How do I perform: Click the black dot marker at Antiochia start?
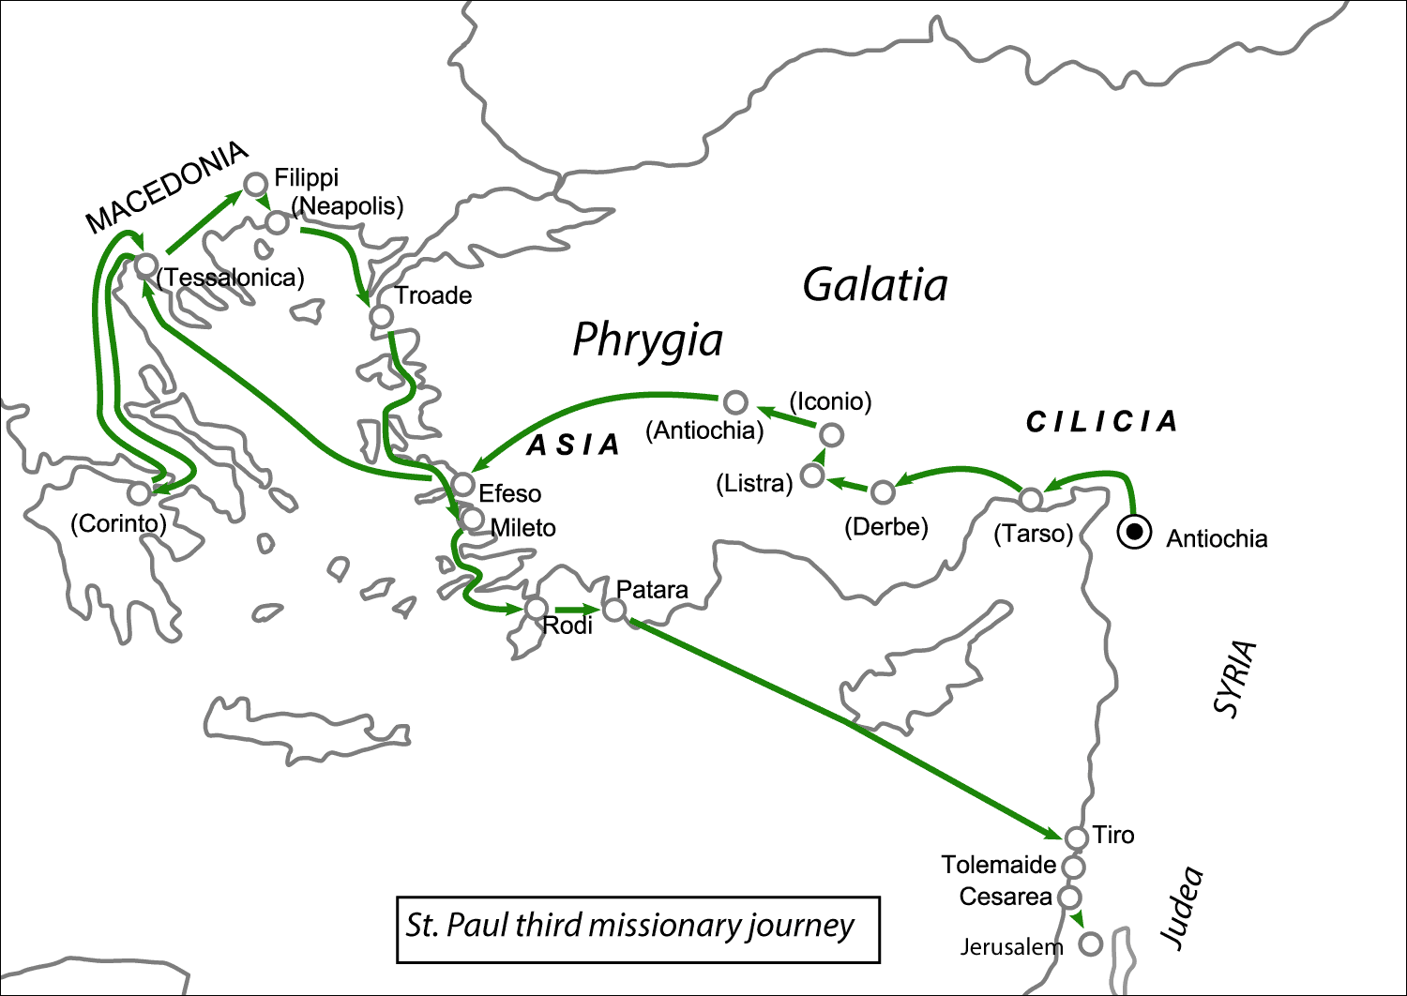coord(1134,533)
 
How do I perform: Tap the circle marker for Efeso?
coord(462,484)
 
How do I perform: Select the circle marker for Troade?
coord(381,316)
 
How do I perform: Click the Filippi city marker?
coord(255,184)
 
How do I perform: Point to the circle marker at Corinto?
coord(140,493)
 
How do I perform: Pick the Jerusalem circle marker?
coord(1090,943)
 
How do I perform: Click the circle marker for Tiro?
coord(1077,837)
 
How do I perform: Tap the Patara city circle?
coord(613,611)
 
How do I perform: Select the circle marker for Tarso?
coord(1031,499)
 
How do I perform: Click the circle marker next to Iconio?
coord(831,434)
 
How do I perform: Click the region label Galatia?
coord(874,285)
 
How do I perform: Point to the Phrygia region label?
coord(647,340)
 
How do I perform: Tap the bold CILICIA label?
coord(1101,422)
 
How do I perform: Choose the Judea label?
coord(1182,907)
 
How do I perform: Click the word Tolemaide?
coord(998,865)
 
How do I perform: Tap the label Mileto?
coord(523,528)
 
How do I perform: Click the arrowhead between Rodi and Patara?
coord(590,610)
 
